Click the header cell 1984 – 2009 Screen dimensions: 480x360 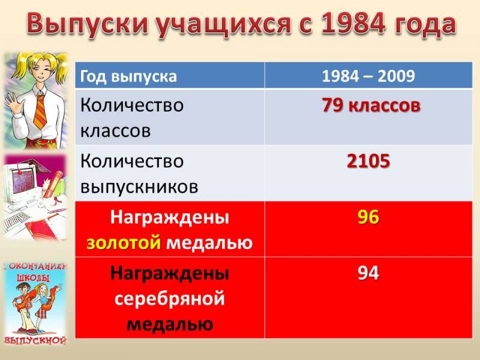tap(368, 76)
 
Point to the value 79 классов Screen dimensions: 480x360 tap(371, 106)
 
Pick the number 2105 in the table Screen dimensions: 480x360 tap(368, 161)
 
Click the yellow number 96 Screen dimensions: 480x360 tap(368, 217)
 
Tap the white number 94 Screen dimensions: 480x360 tap(368, 273)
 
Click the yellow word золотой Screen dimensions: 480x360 tap(124, 243)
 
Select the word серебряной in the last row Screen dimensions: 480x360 tap(170, 299)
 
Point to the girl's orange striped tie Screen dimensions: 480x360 tap(40, 112)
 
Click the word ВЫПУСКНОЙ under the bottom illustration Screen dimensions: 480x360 tap(35, 340)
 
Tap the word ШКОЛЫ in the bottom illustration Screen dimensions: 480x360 tap(34, 278)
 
